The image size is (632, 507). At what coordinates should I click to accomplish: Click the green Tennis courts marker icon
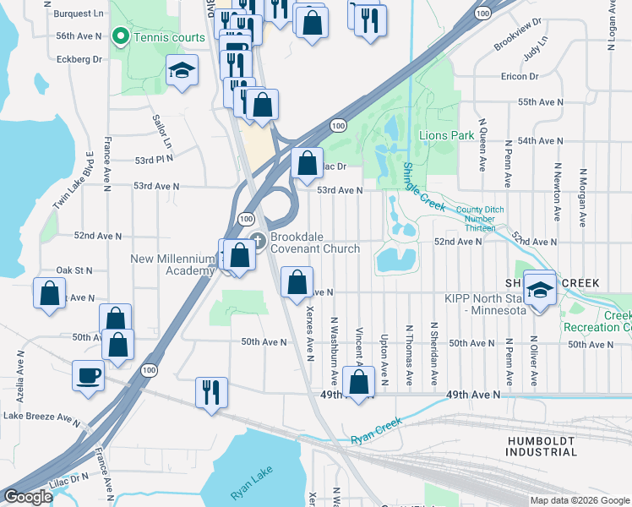[120, 37]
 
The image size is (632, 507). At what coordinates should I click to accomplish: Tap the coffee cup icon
[88, 375]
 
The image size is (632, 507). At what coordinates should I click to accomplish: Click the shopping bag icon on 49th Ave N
[359, 382]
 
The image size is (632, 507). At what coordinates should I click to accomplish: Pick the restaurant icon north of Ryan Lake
[210, 392]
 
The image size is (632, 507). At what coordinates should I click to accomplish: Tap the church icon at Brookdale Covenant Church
[258, 241]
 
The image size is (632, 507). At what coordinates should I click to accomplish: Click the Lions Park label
[446, 135]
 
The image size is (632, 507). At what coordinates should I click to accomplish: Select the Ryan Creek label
[374, 439]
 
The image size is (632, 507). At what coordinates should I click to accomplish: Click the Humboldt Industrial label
[541, 447]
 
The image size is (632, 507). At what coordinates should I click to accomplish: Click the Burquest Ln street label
[78, 14]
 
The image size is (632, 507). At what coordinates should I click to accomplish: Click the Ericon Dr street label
[520, 77]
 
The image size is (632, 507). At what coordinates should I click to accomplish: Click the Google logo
[28, 497]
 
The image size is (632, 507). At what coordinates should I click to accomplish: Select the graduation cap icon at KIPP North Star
[539, 289]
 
